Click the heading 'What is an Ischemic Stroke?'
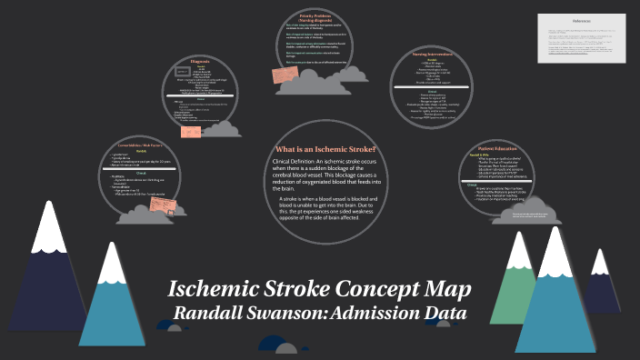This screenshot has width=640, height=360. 325,149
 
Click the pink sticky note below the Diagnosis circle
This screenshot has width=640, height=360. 192,133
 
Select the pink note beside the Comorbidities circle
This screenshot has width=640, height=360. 165,206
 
